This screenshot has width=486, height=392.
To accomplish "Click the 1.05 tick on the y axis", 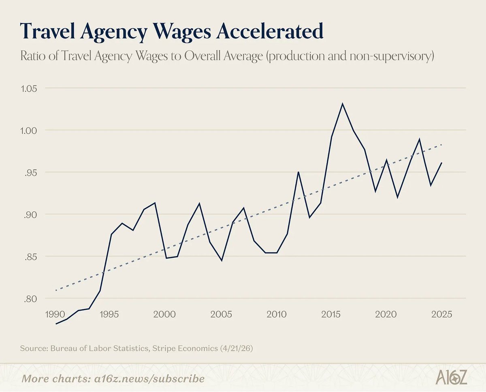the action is click(29, 89).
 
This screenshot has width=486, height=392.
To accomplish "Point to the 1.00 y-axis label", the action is click(29, 131).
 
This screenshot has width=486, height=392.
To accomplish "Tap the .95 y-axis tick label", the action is click(30, 173).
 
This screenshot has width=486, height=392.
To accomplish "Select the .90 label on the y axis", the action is click(30, 215).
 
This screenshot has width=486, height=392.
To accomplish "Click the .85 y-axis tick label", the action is click(30, 257).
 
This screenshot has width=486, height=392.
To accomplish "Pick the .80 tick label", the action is click(30, 299).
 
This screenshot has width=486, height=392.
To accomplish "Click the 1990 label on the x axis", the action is click(55, 314).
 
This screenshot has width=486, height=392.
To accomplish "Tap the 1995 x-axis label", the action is click(109, 314).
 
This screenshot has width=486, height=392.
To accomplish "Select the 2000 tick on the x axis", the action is click(164, 314).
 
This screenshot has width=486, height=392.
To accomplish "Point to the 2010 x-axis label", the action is click(277, 314).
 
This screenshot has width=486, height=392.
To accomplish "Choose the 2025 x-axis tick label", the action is click(442, 314).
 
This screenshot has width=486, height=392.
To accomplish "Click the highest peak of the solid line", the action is click(343, 104).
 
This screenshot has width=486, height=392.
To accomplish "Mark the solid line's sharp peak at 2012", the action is click(298, 172).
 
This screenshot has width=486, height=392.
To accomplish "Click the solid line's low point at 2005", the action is click(222, 260).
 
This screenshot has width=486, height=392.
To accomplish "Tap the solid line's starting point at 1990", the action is click(56, 324).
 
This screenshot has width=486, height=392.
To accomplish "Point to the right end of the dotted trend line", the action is click(441, 145).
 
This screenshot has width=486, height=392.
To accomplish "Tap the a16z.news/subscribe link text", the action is click(149, 379).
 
